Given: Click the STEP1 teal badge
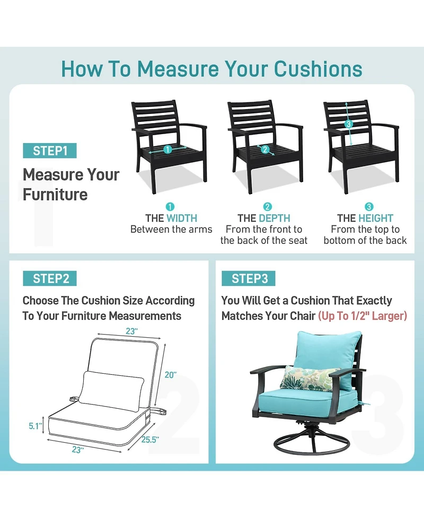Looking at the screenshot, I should point(50,151).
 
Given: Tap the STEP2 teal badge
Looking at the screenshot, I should point(50,278).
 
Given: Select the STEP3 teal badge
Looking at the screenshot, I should point(249,278).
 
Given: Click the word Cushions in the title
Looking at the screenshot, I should point(318,69).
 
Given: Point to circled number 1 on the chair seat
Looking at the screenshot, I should point(167,150).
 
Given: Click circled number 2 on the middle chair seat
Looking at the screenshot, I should point(265,150).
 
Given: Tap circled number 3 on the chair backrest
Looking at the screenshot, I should point(348,124).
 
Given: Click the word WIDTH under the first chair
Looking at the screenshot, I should point(182,218).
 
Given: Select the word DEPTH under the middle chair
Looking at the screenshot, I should point(275,218).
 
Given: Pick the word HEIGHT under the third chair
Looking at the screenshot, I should point(376,218).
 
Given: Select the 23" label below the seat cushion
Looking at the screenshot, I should point(78,450).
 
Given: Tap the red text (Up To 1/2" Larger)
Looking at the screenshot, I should point(363,316).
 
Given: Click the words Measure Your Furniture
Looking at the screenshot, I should point(71,185).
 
